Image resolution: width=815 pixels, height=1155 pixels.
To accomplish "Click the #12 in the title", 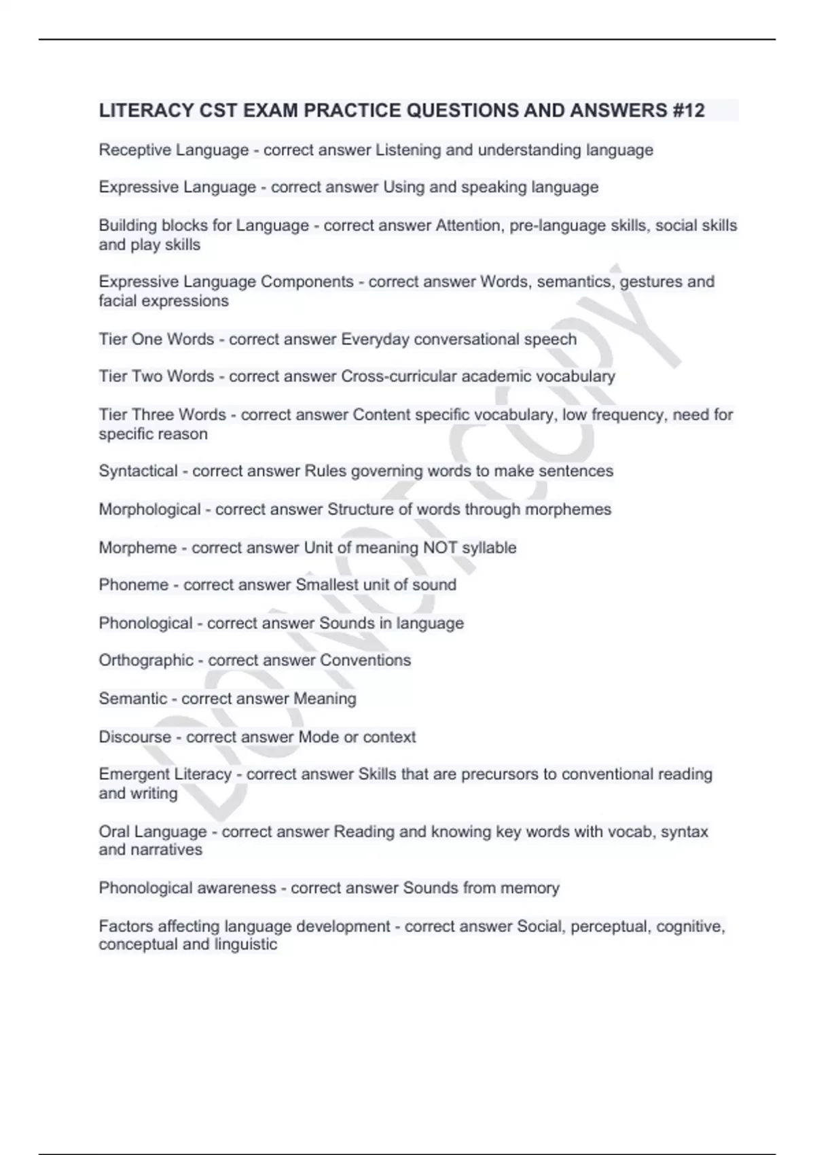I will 689,110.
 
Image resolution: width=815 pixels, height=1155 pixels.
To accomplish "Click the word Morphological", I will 149,510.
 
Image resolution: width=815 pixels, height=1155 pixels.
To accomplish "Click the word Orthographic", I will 146,660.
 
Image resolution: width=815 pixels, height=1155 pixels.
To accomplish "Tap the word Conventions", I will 365,660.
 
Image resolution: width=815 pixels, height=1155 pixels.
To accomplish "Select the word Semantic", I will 132,698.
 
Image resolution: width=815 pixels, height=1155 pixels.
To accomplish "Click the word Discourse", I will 135,737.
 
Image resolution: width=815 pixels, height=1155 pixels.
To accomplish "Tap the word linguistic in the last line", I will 246,944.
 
